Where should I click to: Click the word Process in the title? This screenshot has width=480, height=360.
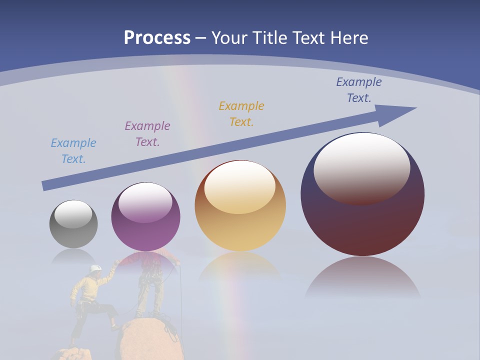(x=157, y=38)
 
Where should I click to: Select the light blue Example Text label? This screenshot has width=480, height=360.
(x=73, y=150)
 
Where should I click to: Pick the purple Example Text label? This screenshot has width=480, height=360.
(x=147, y=133)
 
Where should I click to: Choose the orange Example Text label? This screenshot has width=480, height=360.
(x=241, y=113)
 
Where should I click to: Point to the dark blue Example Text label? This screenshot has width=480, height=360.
(x=359, y=89)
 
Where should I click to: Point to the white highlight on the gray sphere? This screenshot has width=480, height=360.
(x=73, y=214)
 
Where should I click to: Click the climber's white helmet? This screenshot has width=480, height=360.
(x=95, y=268)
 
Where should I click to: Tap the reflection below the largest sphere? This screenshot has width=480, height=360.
(x=363, y=277)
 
